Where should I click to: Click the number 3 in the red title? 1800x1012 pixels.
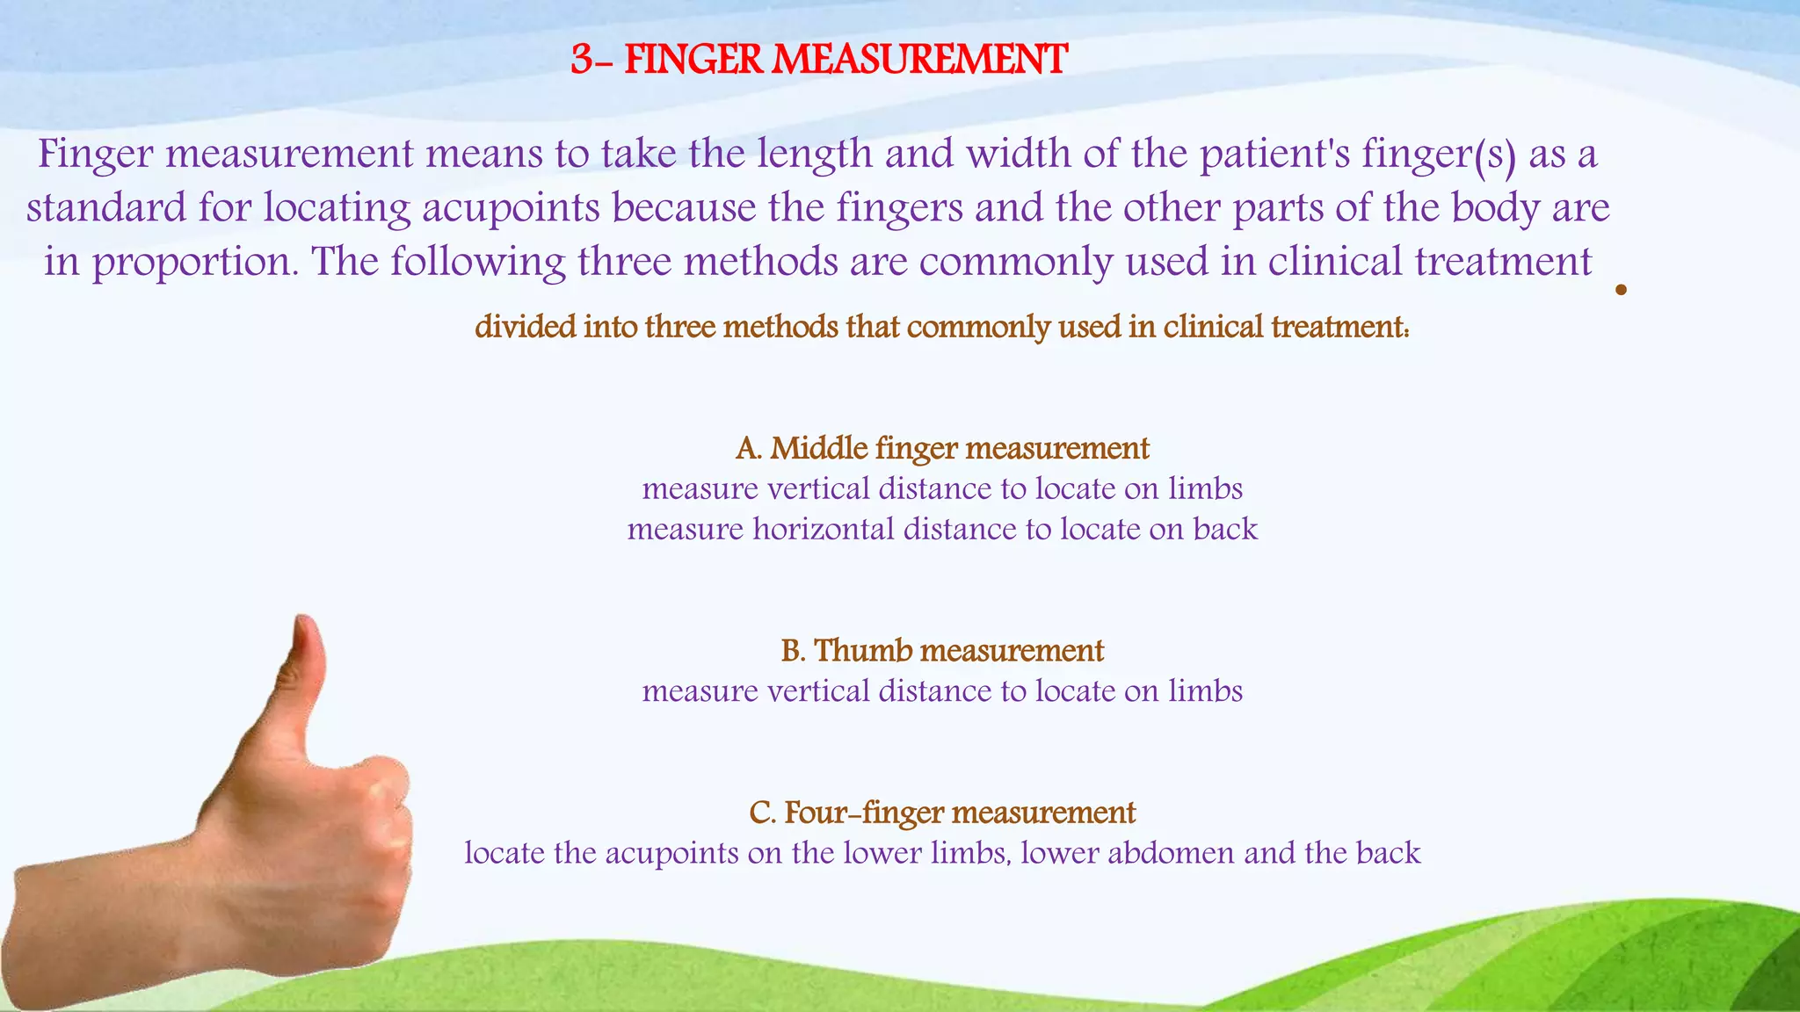(x=582, y=61)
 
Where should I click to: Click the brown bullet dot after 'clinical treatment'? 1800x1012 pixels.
(x=1621, y=290)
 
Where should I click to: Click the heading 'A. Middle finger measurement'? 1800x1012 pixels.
(x=942, y=449)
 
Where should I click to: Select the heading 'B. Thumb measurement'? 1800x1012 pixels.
(x=942, y=651)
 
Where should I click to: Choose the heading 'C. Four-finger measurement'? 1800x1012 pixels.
(x=942, y=813)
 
